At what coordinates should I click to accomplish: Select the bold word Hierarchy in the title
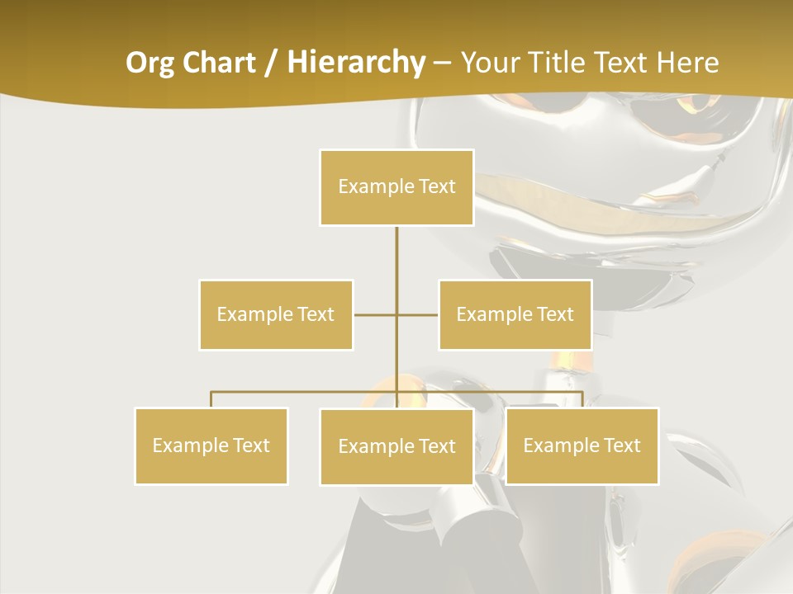[355, 63]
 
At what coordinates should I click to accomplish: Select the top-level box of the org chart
[396, 187]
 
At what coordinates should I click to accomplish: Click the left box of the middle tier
[276, 314]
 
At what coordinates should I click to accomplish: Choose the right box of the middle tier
[515, 314]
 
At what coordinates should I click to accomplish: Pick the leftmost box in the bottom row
[211, 445]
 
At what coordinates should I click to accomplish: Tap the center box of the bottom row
[396, 446]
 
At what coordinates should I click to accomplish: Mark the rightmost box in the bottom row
[582, 445]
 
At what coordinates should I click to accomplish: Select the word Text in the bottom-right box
[621, 445]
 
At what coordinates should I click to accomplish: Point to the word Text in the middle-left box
[315, 314]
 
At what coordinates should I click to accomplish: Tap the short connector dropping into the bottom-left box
[211, 399]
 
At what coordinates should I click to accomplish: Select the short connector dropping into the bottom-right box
[582, 399]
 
